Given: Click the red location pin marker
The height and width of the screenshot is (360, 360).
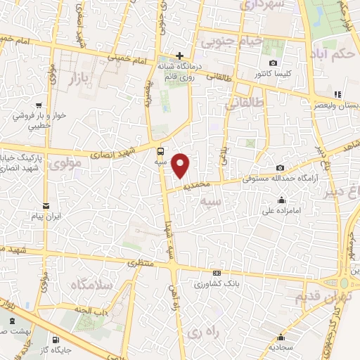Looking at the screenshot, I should (181, 165).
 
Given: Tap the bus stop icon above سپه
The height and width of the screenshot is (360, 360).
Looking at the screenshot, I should (161, 150).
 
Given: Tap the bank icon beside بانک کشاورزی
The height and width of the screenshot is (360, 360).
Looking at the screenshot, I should (216, 274).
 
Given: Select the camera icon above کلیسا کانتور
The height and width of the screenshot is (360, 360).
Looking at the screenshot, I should (273, 63).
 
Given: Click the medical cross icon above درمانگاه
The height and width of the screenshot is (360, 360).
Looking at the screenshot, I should (180, 56).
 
